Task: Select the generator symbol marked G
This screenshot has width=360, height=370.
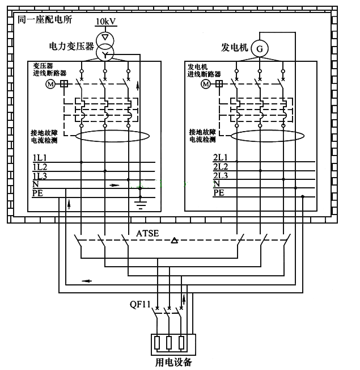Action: (260, 49)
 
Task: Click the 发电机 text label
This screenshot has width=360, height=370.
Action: (235, 48)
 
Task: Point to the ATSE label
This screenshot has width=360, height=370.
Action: (147, 233)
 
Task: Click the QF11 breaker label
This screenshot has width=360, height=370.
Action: (140, 304)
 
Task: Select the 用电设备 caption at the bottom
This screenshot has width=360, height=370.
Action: (173, 362)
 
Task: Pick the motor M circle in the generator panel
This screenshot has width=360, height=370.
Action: (205, 83)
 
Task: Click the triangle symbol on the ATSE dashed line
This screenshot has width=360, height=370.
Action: (175, 241)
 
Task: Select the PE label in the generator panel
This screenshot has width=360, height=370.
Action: (218, 193)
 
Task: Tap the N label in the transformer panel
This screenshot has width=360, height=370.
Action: (35, 184)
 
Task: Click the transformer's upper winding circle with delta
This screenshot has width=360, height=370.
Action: (104, 38)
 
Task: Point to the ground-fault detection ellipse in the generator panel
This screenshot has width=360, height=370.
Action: (264, 136)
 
